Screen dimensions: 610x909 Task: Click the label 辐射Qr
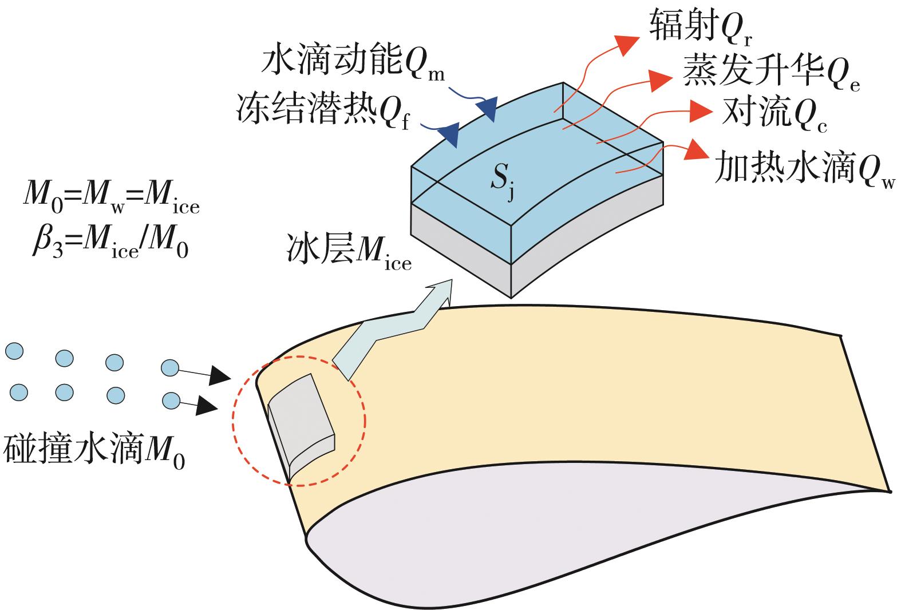click(699, 26)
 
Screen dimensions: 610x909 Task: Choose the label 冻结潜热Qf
click(323, 109)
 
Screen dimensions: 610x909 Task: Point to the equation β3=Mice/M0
click(109, 244)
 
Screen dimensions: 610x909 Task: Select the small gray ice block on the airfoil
click(301, 421)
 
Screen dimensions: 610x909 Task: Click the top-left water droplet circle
click(14, 351)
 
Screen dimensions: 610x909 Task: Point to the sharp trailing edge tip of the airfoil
click(890, 491)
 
